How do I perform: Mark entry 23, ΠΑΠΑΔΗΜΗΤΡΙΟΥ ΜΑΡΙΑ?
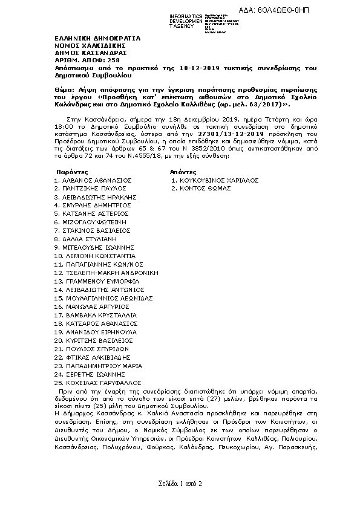(x=98, y=366)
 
